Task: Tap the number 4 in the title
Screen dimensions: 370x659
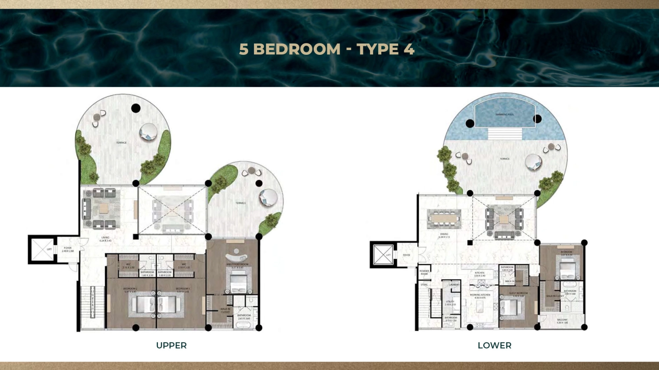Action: [x=409, y=49]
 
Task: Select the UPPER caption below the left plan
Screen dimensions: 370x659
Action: [x=171, y=345]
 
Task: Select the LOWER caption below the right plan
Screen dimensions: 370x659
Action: [x=494, y=345]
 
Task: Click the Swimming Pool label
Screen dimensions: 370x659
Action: [x=504, y=115]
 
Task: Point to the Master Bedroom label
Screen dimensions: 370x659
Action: [x=237, y=265]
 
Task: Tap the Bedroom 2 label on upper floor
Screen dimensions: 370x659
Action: [x=130, y=289]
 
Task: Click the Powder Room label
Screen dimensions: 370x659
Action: [x=424, y=272]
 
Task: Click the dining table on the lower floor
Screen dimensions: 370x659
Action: [x=444, y=218]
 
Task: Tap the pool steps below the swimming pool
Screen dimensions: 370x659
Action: [x=505, y=133]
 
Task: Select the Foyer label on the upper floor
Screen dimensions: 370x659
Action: [x=68, y=248]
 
